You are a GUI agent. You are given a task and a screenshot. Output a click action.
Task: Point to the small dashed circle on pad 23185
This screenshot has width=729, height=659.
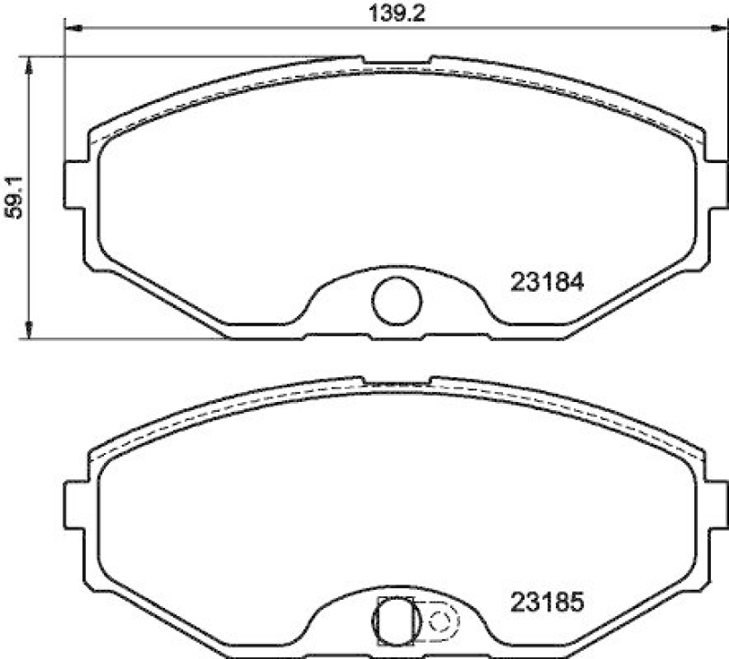pos(439,622)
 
